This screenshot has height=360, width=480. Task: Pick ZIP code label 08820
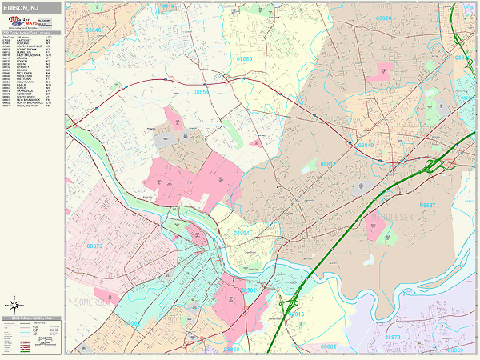[x=384, y=18]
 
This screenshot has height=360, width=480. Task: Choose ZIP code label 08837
[x=426, y=206]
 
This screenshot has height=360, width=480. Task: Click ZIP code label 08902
[x=133, y=324]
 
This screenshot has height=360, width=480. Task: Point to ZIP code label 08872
[x=392, y=338]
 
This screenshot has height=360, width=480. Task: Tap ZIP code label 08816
[x=295, y=314]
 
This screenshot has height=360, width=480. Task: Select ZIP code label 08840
[x=365, y=146]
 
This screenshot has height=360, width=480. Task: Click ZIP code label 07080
[x=244, y=59]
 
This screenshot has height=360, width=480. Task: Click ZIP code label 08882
[x=327, y=346]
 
